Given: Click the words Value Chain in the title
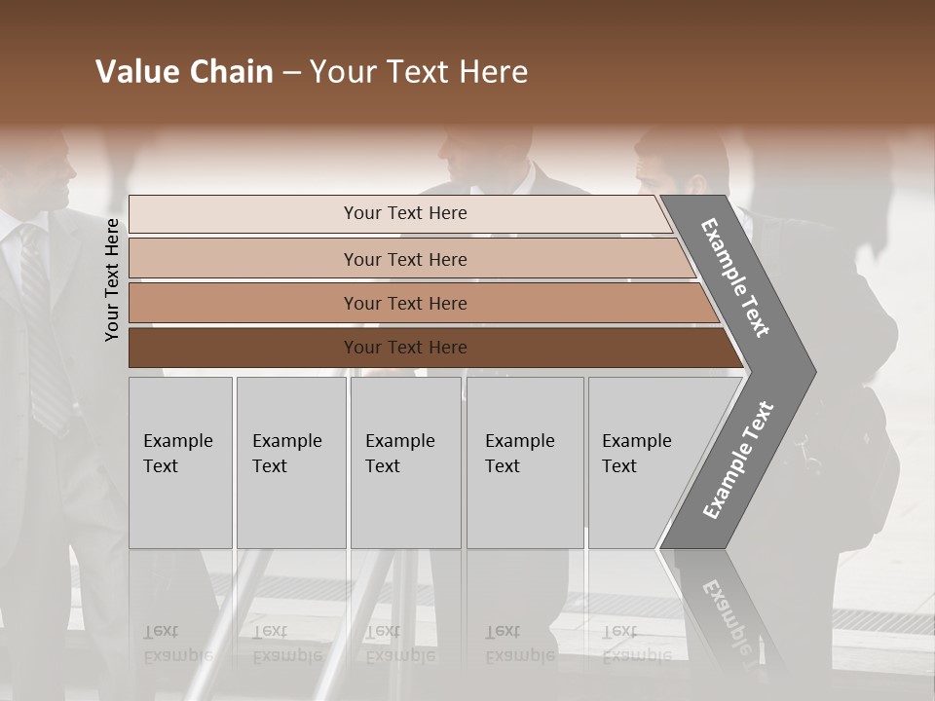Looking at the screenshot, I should pyautogui.click(x=184, y=72).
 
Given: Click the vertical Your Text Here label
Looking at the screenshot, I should pyautogui.click(x=112, y=279).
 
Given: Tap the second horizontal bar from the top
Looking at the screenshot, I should pyautogui.click(x=405, y=259).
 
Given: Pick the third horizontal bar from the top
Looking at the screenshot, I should pyautogui.click(x=405, y=303).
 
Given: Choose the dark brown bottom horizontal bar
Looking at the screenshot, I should pyautogui.click(x=405, y=348).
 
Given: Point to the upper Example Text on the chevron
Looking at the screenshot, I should pyautogui.click(x=735, y=277).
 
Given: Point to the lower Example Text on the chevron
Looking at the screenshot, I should pyautogui.click(x=738, y=461).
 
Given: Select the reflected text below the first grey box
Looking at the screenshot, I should pyautogui.click(x=177, y=644).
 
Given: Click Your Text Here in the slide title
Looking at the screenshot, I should pyautogui.click(x=419, y=72).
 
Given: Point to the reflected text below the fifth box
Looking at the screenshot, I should pyautogui.click(x=636, y=644).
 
